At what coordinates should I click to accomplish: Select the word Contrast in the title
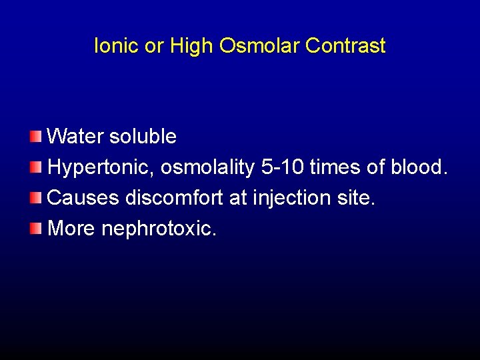click(x=345, y=46)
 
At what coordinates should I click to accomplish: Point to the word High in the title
click(x=191, y=46)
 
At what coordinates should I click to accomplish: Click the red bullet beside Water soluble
click(x=35, y=136)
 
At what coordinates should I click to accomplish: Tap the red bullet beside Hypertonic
click(x=35, y=167)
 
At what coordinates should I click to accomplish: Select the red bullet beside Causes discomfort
click(x=35, y=197)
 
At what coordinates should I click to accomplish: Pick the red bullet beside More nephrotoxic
click(x=35, y=228)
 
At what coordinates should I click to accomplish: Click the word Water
click(x=75, y=137)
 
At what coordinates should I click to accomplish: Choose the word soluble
click(x=143, y=137)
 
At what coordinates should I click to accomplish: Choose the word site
click(x=357, y=198)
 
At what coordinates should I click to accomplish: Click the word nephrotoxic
click(x=159, y=229)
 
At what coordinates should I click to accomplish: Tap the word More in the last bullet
click(x=72, y=229)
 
